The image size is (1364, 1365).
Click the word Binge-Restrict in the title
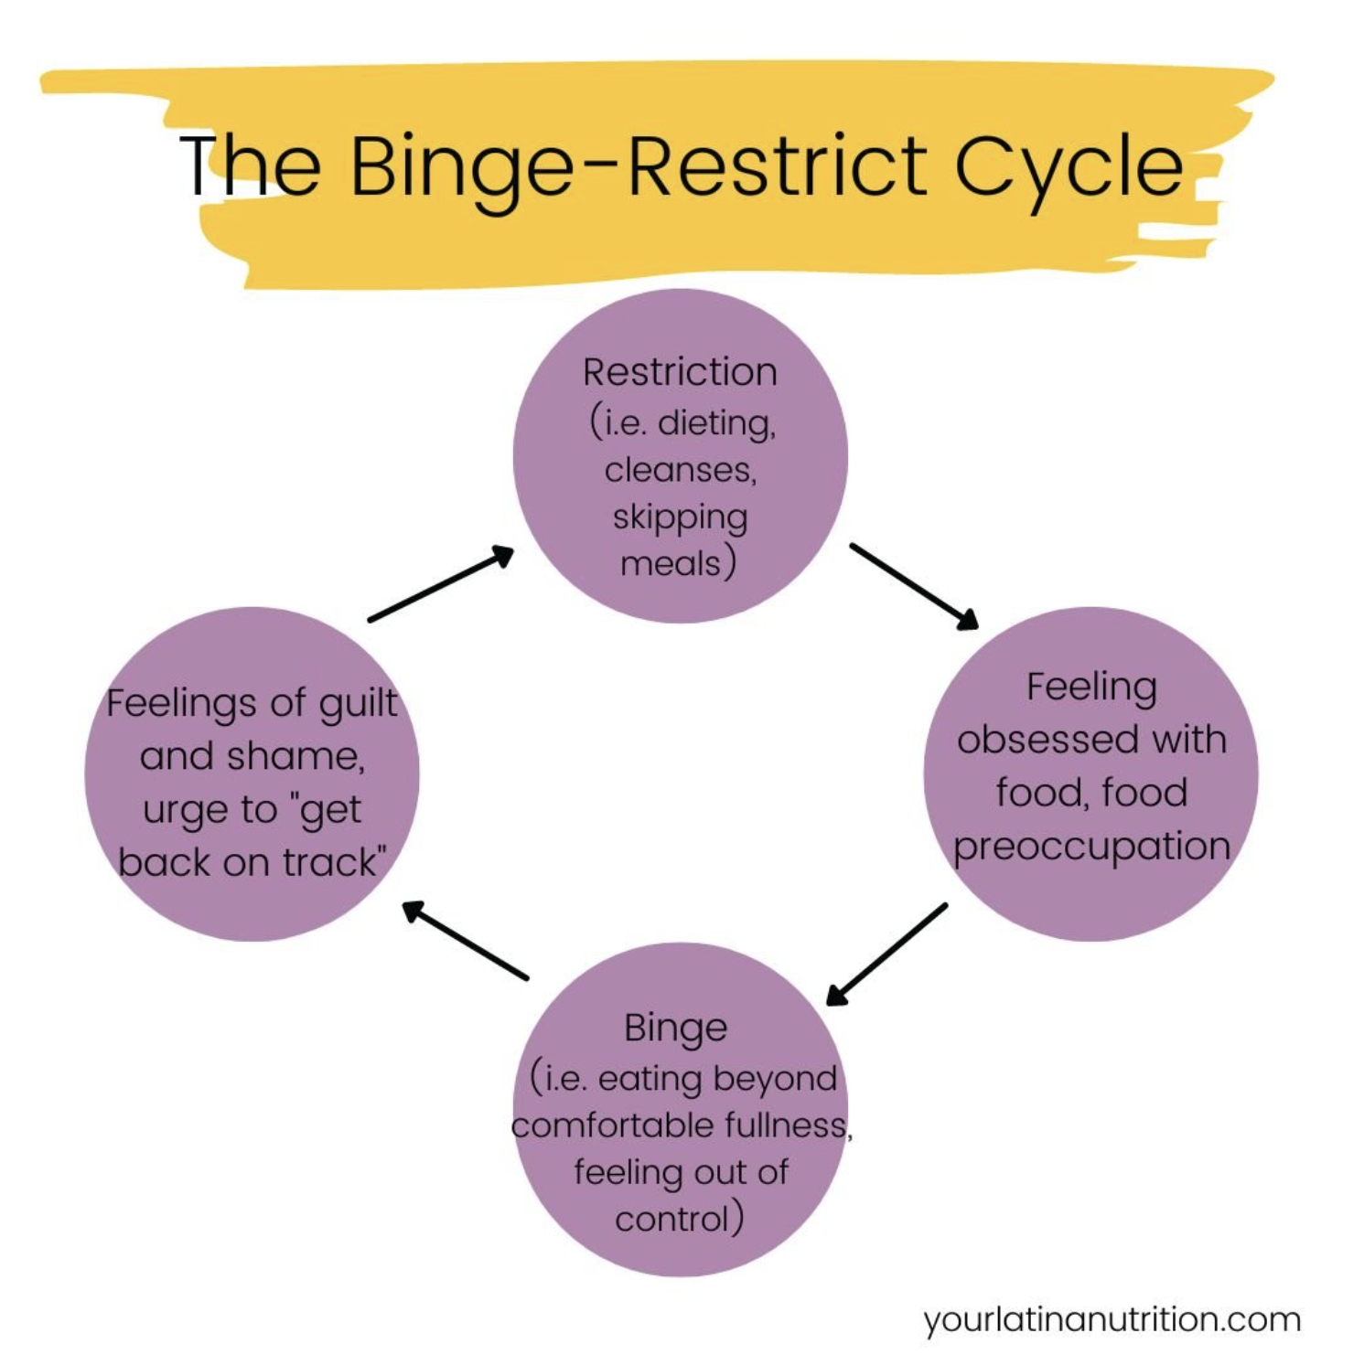(639, 166)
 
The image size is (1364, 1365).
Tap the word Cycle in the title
(1069, 166)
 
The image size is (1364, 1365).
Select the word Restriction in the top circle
(680, 372)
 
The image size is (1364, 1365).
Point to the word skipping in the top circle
(680, 517)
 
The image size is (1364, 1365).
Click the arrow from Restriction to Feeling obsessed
(914, 586)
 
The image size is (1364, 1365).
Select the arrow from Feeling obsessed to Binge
(886, 954)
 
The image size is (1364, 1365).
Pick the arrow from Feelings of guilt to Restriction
(441, 583)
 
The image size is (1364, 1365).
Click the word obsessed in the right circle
(1046, 739)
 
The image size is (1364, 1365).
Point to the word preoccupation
(1091, 847)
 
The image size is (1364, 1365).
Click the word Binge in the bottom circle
(675, 1028)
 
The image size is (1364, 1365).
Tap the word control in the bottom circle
(671, 1219)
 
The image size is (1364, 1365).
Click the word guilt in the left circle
(358, 703)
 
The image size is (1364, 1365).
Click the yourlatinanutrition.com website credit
(1112, 1319)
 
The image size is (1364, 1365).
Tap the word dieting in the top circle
(716, 422)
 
